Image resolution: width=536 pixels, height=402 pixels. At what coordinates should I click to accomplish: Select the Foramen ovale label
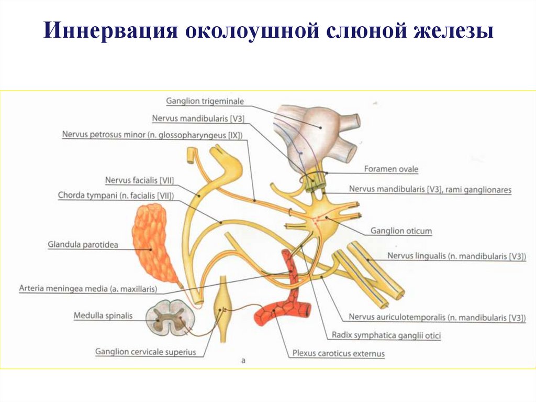[x=391, y=169]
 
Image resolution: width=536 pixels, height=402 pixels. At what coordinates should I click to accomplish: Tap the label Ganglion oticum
[x=400, y=231]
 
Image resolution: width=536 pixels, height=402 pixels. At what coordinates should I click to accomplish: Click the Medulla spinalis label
[x=103, y=316]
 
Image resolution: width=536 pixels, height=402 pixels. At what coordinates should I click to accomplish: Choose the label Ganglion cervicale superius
[x=146, y=352]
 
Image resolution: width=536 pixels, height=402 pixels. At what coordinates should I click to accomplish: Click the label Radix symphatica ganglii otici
[x=386, y=335]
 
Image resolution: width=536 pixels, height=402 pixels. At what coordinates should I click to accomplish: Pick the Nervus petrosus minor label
[x=152, y=135]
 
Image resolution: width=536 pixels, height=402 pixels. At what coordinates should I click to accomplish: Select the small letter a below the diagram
[x=243, y=361]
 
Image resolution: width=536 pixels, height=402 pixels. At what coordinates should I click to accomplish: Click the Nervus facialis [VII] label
[x=139, y=181]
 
